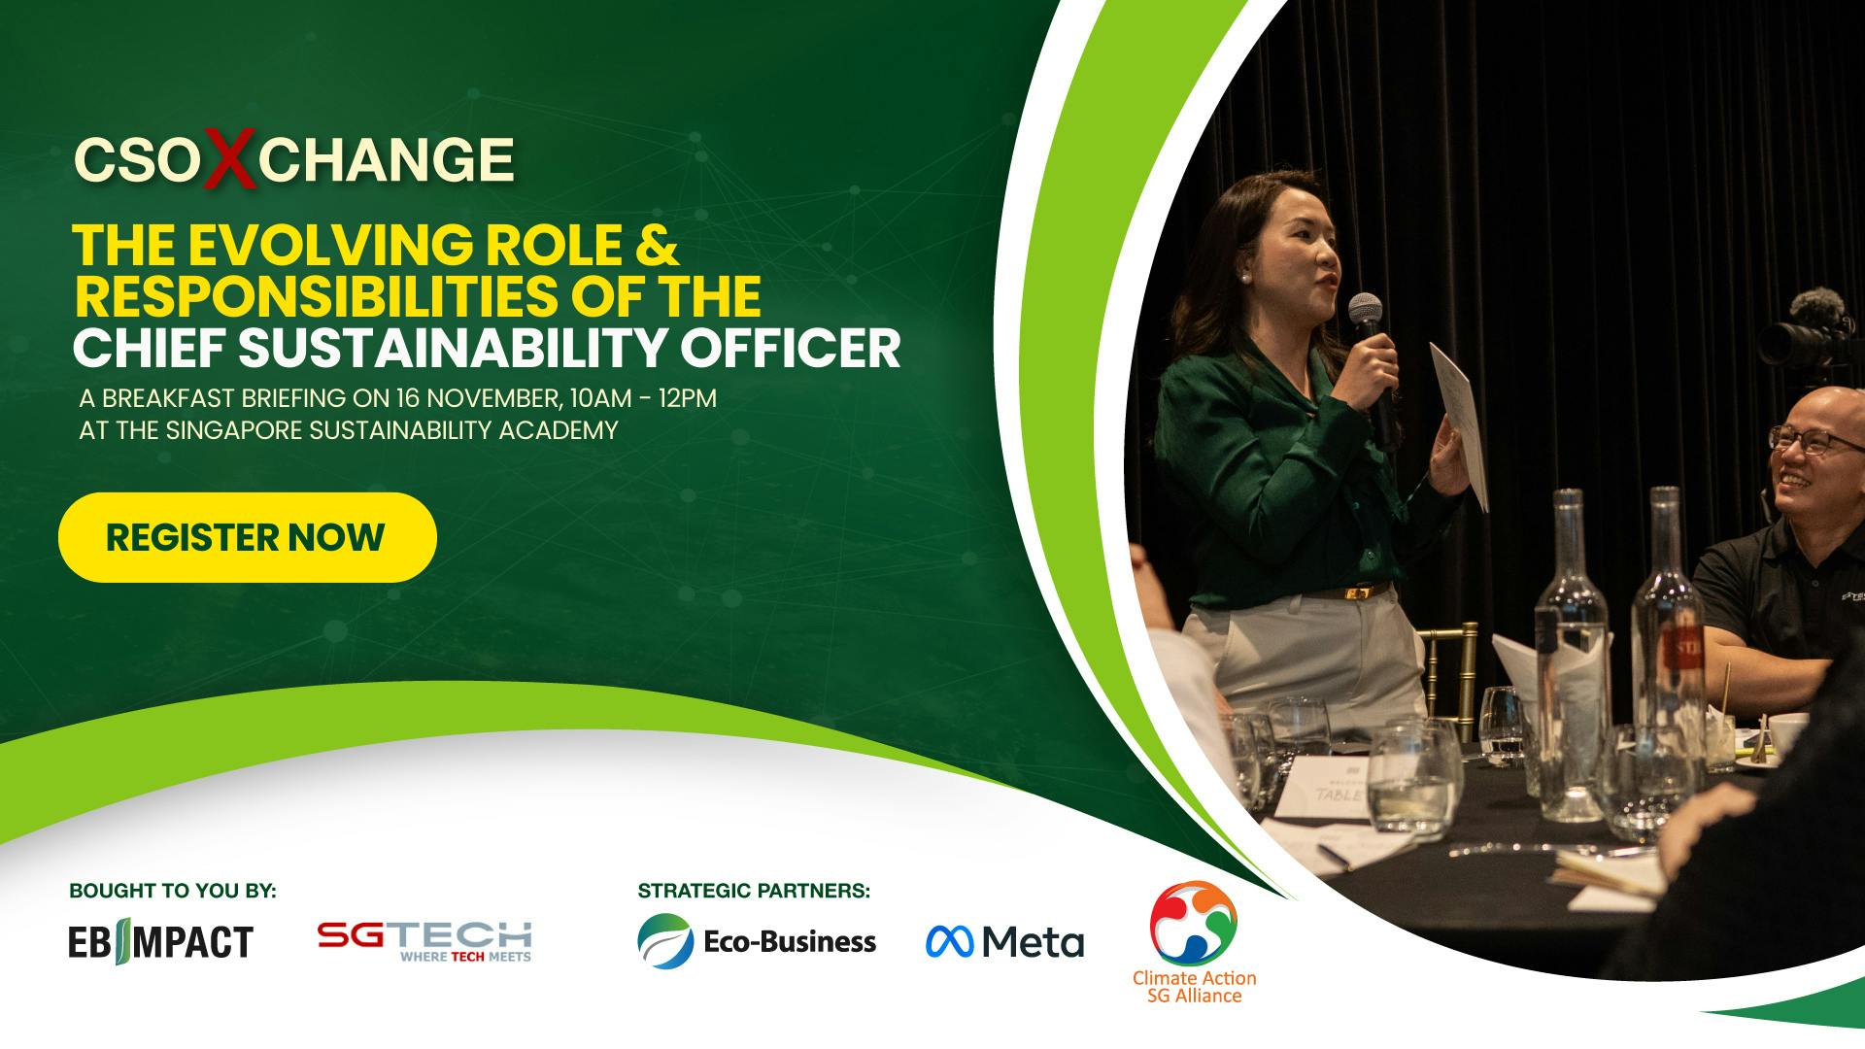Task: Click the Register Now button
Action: coord(247,537)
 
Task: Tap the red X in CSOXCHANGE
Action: coord(229,158)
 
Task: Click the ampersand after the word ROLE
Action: coord(658,244)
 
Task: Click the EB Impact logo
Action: coord(160,941)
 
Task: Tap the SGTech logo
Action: coord(424,940)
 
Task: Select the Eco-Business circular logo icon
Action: coord(665,940)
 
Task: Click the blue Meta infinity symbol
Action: coord(949,940)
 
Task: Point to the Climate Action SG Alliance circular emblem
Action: coord(1194,923)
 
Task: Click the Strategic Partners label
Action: coord(754,891)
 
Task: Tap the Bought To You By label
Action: coord(173,891)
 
